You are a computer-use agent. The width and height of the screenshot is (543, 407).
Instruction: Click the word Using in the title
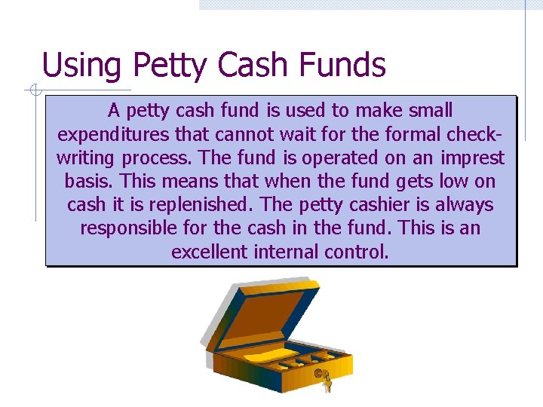point(81,66)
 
